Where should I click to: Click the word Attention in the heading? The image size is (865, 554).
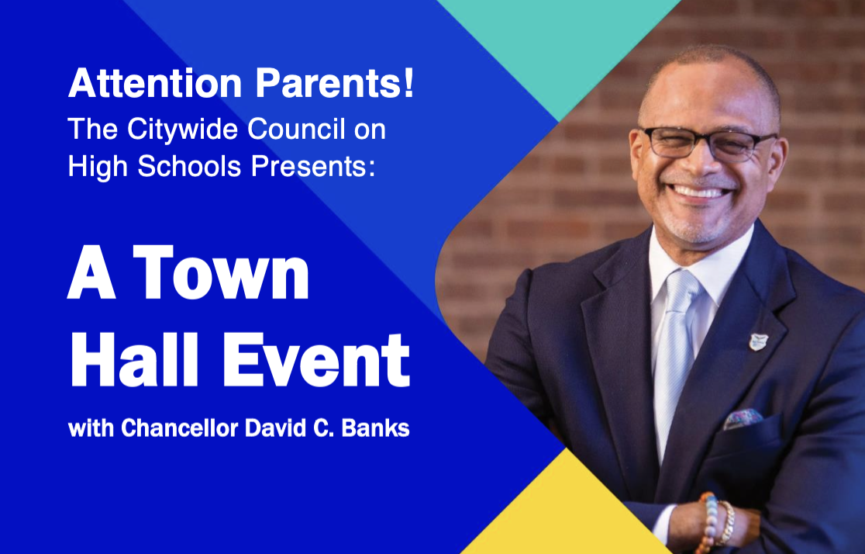155,83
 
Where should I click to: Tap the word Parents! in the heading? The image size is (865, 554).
334,83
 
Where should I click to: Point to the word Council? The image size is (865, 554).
296,129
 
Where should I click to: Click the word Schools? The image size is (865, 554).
189,166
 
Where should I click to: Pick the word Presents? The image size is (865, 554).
313,166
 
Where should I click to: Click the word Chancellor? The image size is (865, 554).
179,428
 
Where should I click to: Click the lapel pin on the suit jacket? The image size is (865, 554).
758,341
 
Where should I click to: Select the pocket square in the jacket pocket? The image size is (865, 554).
743,419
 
